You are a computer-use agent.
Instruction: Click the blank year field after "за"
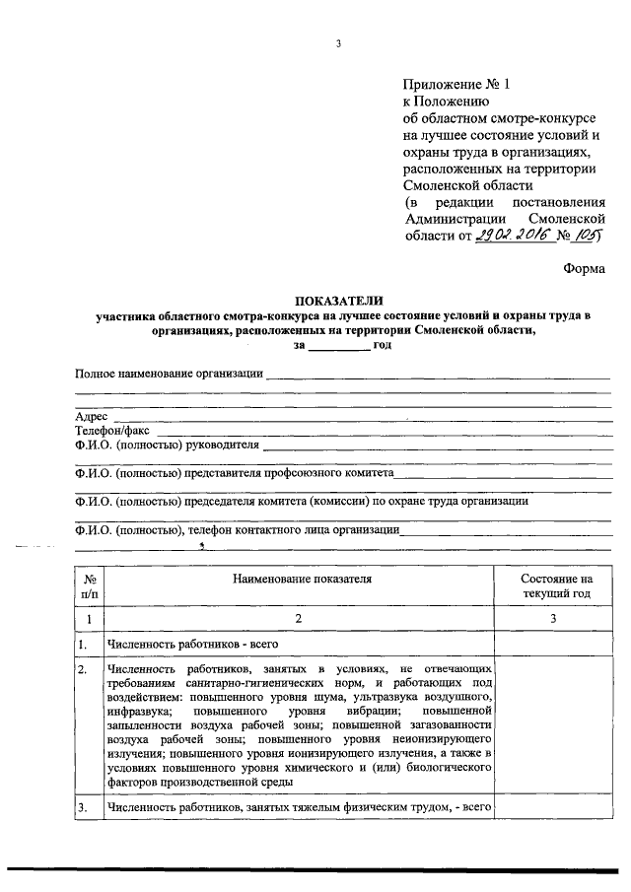click(338, 347)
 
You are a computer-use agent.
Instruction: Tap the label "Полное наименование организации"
click(170, 373)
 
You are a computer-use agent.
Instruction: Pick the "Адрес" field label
click(92, 417)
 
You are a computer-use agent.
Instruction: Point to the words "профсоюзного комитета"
click(333, 473)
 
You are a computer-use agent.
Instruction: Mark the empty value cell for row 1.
click(553, 645)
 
